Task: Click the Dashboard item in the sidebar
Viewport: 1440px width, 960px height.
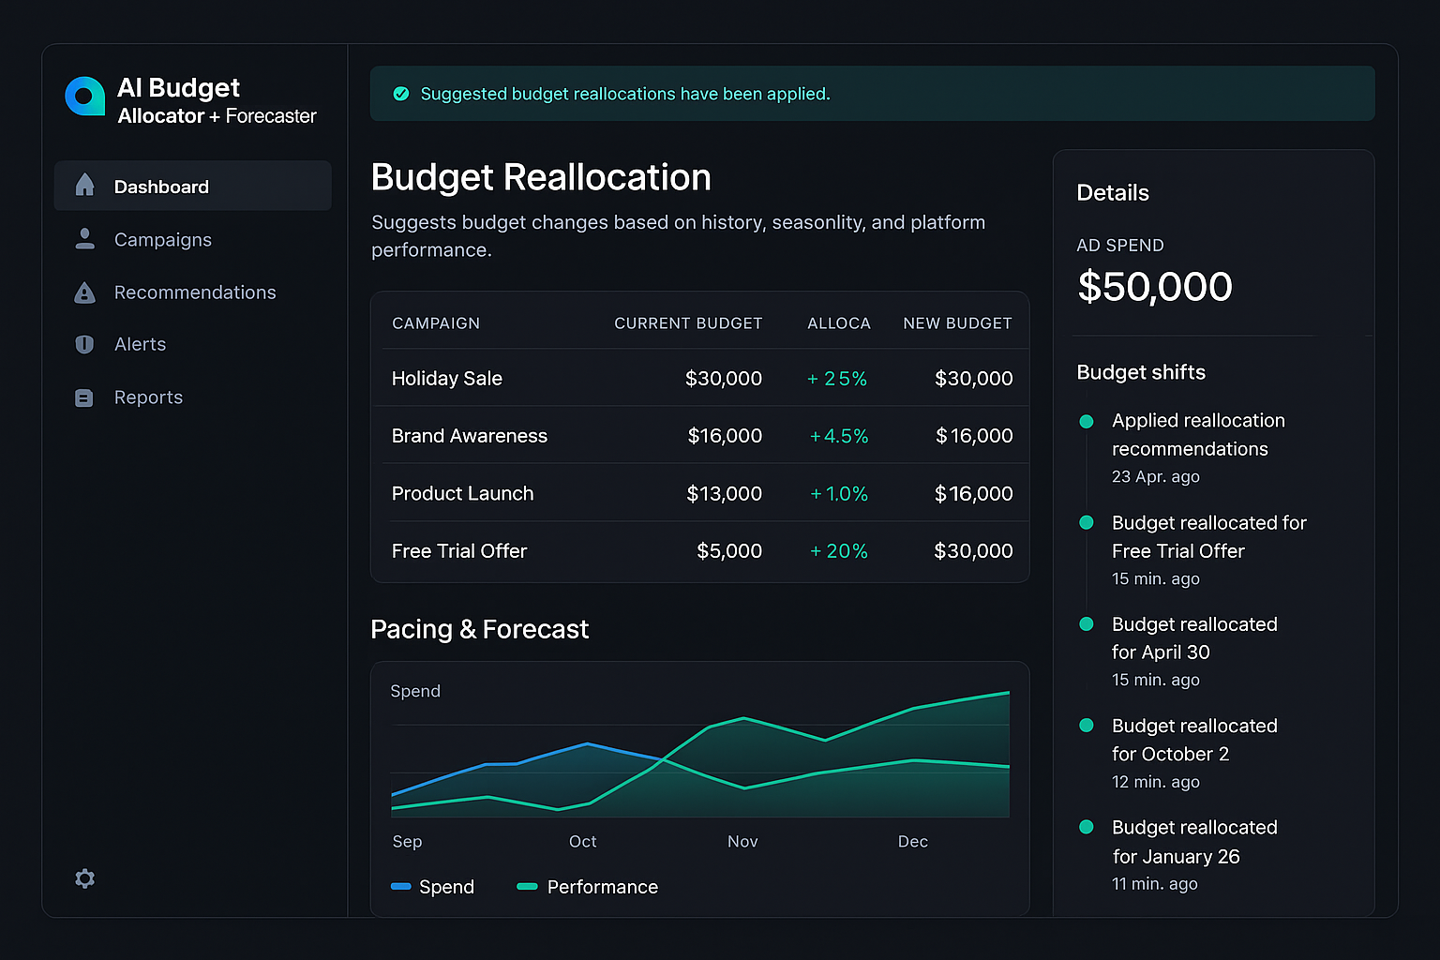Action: point(161,187)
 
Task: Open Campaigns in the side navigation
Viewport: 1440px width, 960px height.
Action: point(162,240)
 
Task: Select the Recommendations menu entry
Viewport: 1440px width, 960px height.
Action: point(194,292)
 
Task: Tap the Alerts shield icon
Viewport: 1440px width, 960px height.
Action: point(84,344)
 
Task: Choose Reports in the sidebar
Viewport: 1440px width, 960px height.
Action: point(148,397)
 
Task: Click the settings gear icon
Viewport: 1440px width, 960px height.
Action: point(84,878)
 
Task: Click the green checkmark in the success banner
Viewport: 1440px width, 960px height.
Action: point(401,94)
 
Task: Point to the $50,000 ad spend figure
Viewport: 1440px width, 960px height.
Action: point(1154,287)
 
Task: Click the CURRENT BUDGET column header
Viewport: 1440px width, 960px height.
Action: point(687,323)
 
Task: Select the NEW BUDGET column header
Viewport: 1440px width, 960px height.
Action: point(956,323)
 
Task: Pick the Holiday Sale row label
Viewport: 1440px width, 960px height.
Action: point(446,379)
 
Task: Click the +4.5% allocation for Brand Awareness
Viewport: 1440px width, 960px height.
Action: point(839,436)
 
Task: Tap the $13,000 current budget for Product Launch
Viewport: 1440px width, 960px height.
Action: point(724,494)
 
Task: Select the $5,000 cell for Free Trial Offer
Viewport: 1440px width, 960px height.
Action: point(728,551)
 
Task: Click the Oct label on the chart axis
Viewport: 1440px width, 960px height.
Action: point(582,842)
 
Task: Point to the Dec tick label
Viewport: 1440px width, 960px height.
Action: point(912,842)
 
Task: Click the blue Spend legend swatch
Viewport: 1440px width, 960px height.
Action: point(401,887)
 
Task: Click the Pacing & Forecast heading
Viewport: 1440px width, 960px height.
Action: point(479,629)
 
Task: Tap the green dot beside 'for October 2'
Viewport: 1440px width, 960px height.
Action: point(1087,726)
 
